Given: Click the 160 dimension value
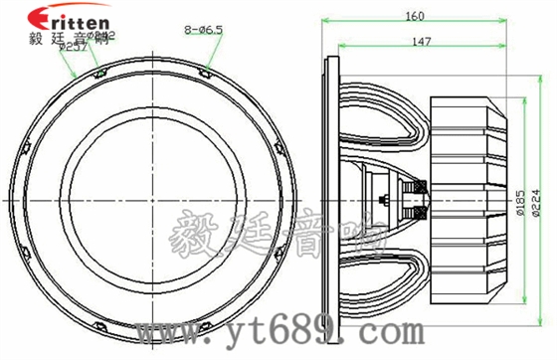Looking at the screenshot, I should click(x=416, y=15).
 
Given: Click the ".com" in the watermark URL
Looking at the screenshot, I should click(x=333, y=330).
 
